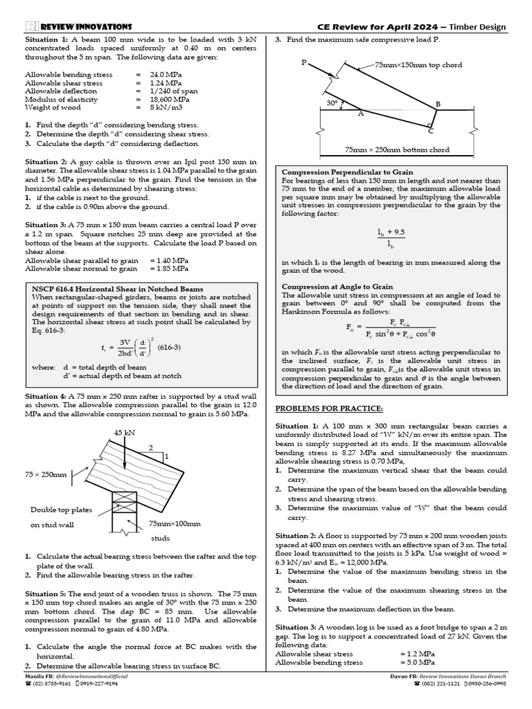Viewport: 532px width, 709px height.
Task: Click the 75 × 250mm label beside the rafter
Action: [46, 474]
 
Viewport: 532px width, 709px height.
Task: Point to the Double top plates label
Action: [60, 510]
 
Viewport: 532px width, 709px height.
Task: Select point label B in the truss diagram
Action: [437, 104]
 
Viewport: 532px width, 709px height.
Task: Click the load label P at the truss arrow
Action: [303, 62]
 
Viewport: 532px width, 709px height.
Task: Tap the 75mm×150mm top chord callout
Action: [418, 65]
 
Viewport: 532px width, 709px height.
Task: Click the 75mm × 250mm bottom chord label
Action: [397, 150]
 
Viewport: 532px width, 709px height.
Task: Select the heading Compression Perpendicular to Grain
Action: [347, 172]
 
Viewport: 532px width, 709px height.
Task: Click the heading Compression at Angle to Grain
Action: [337, 286]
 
